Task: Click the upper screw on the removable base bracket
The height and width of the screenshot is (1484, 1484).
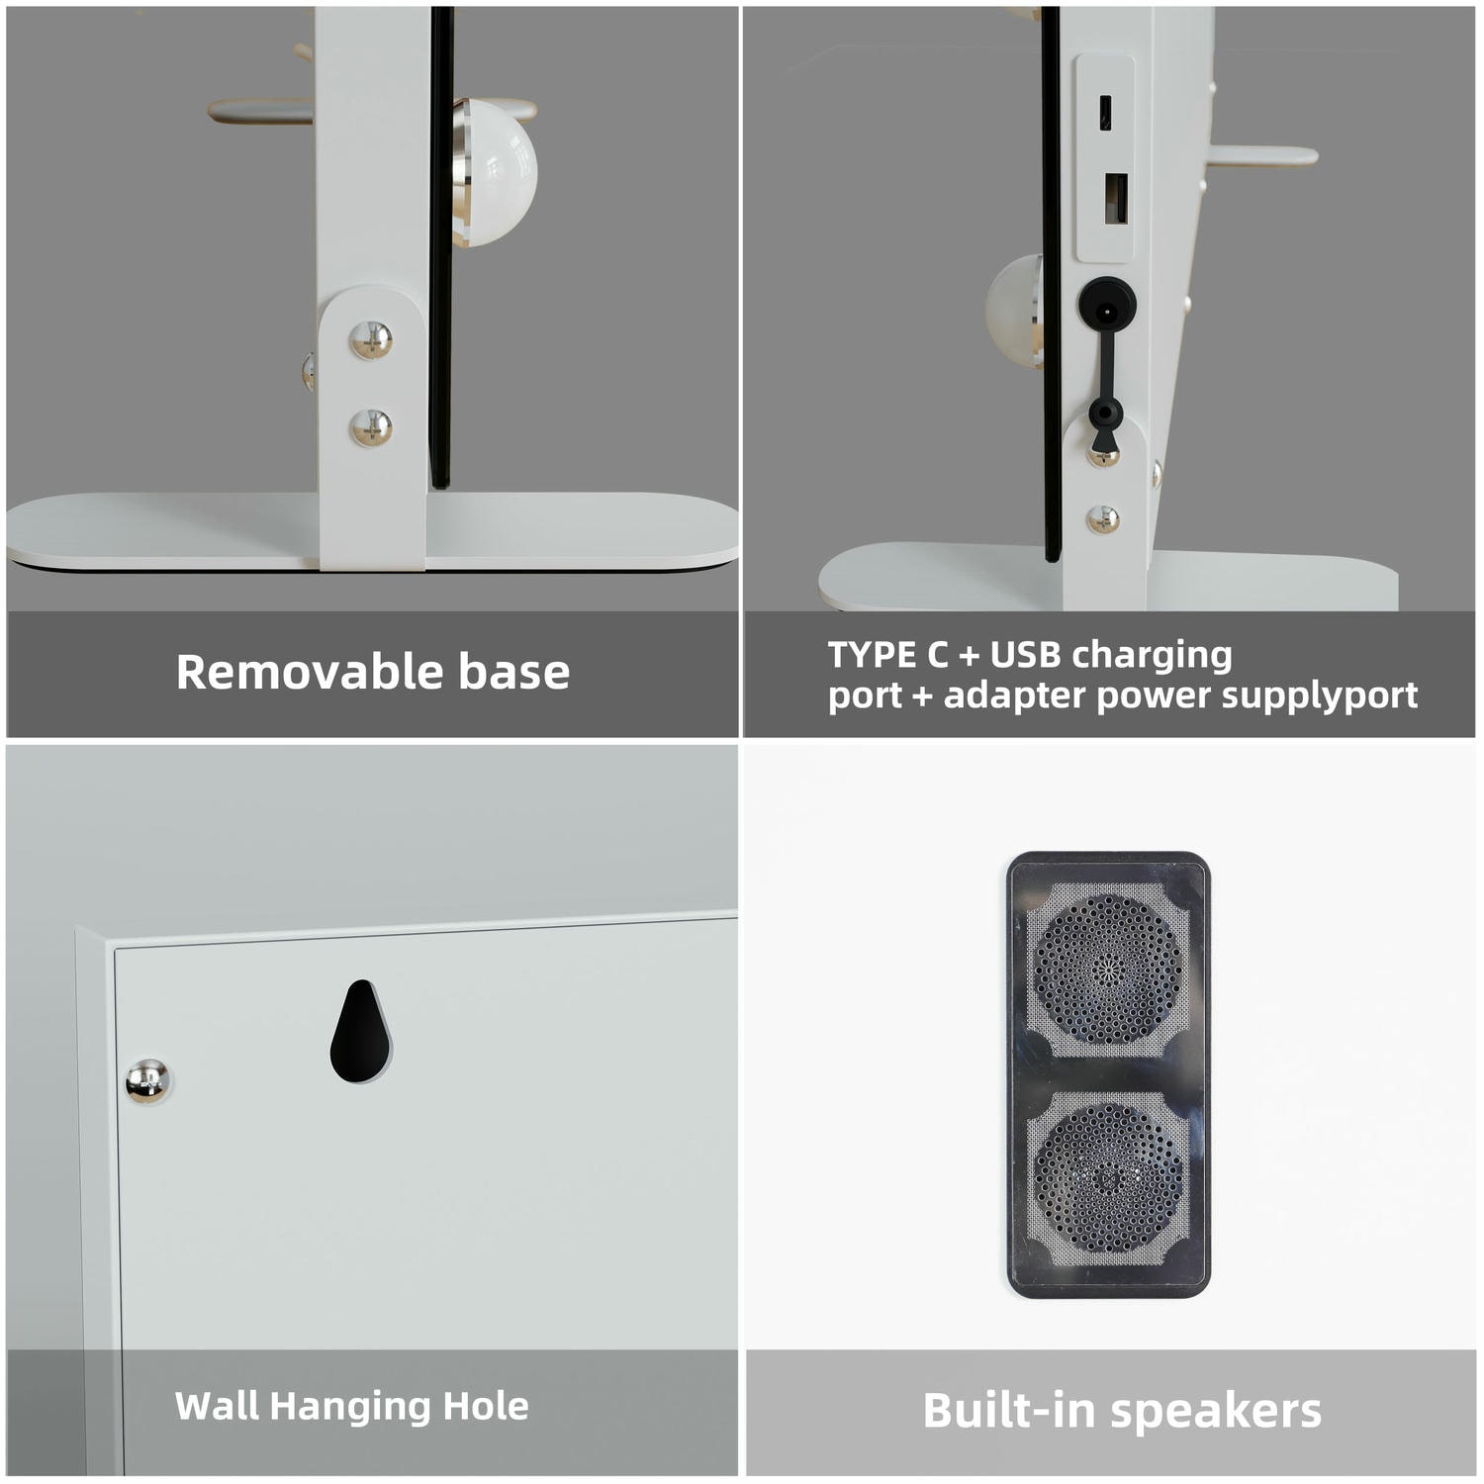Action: [371, 340]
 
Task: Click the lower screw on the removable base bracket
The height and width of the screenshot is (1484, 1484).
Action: [371, 427]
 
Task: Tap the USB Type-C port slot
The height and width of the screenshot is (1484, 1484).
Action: [1106, 113]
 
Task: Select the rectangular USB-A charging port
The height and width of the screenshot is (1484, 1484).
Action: [1116, 198]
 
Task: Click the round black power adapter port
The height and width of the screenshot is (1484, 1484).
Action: [1107, 303]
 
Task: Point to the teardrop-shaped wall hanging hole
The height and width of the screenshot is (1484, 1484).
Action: [360, 1031]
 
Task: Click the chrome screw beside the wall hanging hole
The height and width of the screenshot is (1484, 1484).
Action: [147, 1080]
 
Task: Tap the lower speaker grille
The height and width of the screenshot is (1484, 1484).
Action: [1108, 1177]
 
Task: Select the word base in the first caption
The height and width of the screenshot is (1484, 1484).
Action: [514, 672]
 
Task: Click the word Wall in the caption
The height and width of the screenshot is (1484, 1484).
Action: [217, 1406]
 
